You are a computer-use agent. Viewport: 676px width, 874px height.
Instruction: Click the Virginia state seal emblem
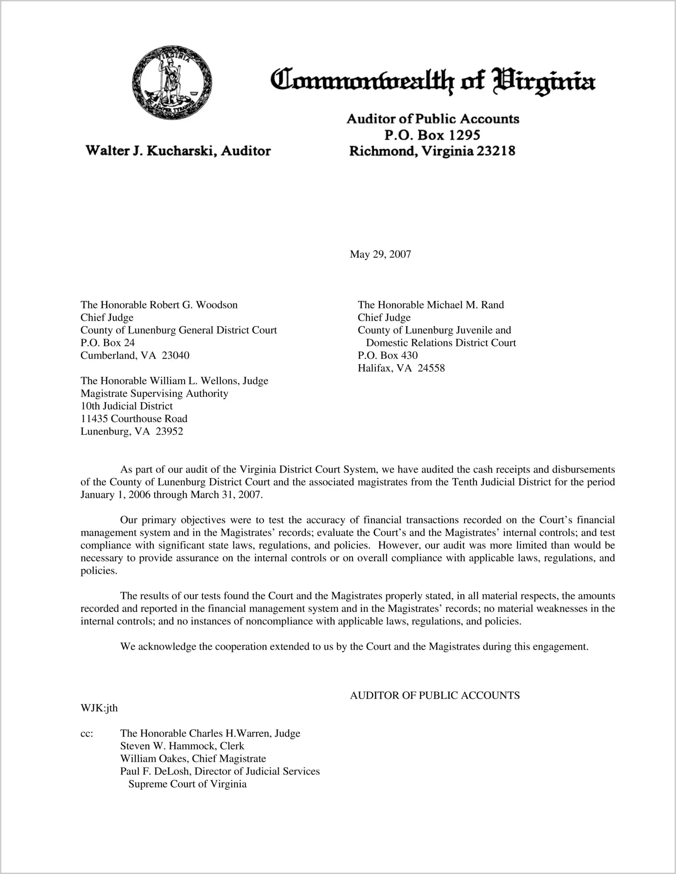pos(172,83)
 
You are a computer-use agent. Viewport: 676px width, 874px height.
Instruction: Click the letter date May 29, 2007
pos(380,254)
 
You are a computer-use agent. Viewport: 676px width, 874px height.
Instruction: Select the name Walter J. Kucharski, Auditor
pos(178,151)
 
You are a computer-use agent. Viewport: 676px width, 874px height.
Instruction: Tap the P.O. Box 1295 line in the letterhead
pos(432,135)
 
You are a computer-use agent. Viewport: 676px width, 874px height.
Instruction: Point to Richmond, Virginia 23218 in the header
pos(432,151)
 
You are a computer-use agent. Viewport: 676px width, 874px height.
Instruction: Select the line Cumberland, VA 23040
pos(135,356)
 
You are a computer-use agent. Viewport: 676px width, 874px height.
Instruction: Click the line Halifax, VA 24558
pos(401,368)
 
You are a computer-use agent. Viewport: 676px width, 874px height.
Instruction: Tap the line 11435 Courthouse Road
pos(134,419)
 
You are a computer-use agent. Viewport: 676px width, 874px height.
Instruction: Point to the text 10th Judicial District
pos(127,406)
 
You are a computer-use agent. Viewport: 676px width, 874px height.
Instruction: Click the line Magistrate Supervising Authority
pos(154,394)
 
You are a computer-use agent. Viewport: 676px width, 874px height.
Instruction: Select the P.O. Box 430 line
pos(387,356)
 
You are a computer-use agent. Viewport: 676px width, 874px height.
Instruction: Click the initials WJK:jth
pos(99,708)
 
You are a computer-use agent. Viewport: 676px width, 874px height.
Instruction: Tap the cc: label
pos(86,734)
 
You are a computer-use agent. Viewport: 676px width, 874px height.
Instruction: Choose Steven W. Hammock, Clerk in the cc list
pos(182,746)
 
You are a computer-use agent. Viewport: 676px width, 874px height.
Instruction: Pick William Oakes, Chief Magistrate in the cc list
pos(193,759)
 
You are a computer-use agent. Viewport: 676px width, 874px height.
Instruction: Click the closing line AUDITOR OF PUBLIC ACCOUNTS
pos(434,696)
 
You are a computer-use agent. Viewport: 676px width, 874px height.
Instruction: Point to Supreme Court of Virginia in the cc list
pos(187,784)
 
